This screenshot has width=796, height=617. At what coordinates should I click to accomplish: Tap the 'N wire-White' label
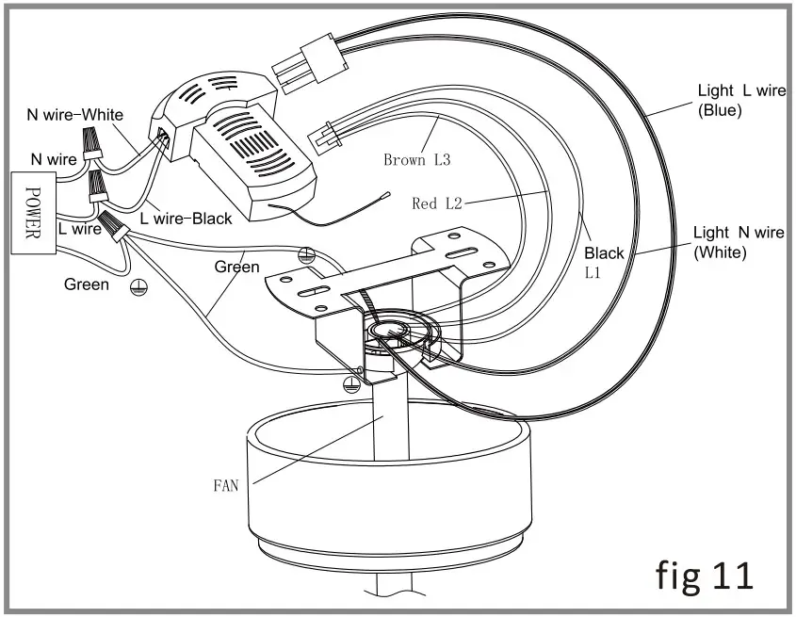coord(74,115)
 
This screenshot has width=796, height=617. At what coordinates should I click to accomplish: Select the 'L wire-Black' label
coord(186,219)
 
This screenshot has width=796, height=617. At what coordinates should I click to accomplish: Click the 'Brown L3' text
coord(416,160)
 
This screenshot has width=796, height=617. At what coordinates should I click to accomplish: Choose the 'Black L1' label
coord(603,261)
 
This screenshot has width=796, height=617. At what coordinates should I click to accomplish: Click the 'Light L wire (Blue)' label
coord(740,100)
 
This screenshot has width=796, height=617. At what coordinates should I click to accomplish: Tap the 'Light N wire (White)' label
coord(738,242)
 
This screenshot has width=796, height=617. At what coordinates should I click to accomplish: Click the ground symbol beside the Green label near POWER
coord(138,291)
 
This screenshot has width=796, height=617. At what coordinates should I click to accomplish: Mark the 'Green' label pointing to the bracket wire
coord(236,267)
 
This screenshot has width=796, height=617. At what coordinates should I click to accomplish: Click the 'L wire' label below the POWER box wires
coord(79,229)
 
